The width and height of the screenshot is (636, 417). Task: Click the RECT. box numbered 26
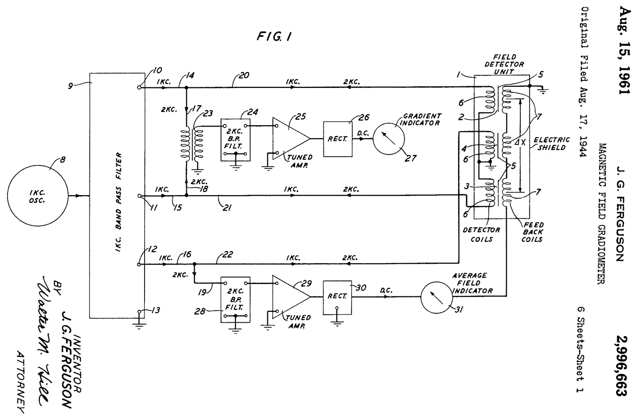click(x=337, y=139)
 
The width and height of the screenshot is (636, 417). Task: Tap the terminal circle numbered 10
click(x=139, y=86)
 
